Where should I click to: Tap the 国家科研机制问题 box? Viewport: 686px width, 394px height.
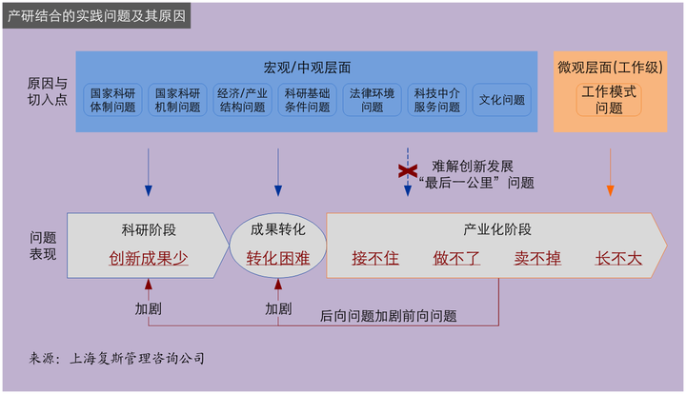177,100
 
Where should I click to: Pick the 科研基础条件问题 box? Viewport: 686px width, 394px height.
306,100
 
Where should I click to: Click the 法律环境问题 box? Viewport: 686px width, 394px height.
372,100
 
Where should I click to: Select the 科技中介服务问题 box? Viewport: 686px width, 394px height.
436,100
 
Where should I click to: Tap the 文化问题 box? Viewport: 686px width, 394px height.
501,100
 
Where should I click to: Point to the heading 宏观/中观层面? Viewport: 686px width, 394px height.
307,68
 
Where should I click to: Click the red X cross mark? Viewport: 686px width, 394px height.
408,171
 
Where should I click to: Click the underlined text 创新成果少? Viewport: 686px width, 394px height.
149,257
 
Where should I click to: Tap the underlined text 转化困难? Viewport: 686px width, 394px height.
278,257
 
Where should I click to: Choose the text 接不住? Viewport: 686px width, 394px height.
375,257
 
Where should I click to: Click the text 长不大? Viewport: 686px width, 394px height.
618,257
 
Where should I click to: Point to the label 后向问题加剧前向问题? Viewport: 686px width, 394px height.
388,315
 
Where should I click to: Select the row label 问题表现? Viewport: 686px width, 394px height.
43,246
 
